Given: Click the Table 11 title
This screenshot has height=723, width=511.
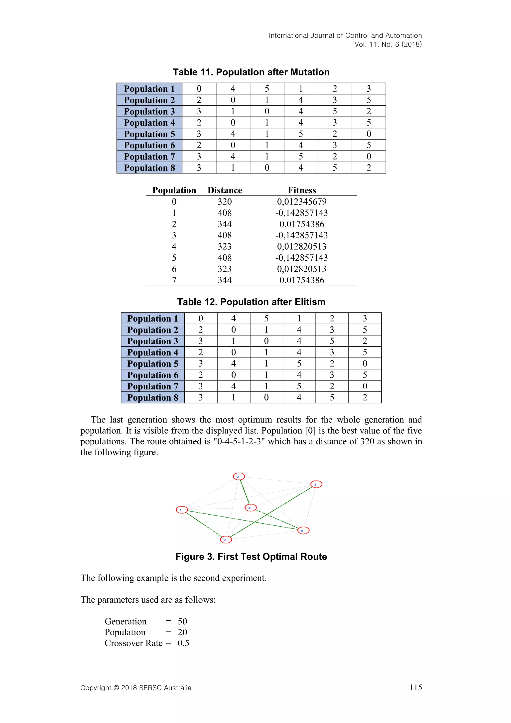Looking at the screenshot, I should click(x=251, y=72).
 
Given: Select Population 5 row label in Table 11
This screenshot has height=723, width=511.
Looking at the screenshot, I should click(x=149, y=134).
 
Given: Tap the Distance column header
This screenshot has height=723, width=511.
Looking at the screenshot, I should click(x=225, y=190).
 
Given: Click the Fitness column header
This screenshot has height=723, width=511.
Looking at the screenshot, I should click(x=302, y=190).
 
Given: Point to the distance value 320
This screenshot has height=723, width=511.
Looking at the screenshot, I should click(x=225, y=201).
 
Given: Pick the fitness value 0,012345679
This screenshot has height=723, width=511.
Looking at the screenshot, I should click(x=302, y=201).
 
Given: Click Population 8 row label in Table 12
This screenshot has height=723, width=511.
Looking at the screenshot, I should click(x=153, y=397).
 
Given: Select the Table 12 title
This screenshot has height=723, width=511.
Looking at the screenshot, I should click(x=251, y=302).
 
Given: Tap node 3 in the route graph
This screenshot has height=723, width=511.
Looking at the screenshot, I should click(x=316, y=484).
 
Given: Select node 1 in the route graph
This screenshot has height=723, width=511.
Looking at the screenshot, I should click(x=182, y=510).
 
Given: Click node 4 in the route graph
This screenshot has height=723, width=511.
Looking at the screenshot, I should click(x=251, y=508).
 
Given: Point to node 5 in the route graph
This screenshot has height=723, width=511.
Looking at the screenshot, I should click(x=303, y=531).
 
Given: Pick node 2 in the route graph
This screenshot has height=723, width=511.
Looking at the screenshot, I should click(x=226, y=540).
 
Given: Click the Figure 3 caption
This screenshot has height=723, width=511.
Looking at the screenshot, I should click(x=251, y=557).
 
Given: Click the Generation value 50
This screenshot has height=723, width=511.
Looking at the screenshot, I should click(x=182, y=621).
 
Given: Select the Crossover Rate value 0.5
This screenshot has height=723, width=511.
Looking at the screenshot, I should click(x=183, y=643).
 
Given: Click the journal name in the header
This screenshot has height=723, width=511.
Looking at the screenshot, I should click(x=345, y=36).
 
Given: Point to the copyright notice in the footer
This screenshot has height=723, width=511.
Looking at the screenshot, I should click(x=136, y=688).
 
